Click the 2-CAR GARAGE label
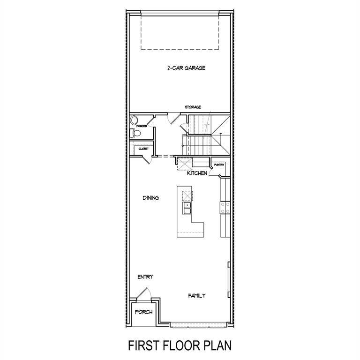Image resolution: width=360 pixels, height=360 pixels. (x=186, y=68)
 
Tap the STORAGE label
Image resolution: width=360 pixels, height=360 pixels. (x=193, y=107)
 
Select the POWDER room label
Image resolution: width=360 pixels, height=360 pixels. (x=142, y=126)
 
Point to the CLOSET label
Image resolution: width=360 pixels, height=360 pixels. (x=143, y=149)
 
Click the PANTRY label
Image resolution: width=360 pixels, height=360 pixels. (x=219, y=165)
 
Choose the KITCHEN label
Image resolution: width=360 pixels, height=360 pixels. (x=197, y=173)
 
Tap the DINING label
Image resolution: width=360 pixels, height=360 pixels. (x=150, y=198)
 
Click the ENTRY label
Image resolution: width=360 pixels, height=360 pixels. (x=145, y=277)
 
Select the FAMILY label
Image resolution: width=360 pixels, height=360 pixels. (x=197, y=296)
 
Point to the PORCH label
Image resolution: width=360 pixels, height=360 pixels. (x=144, y=312)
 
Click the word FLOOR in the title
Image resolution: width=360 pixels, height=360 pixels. (x=180, y=345)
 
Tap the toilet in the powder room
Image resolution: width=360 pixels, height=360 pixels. (x=136, y=133)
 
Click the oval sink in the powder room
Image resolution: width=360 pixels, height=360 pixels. (x=134, y=120)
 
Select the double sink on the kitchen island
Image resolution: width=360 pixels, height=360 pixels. (x=187, y=208)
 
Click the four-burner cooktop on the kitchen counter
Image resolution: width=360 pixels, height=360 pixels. (x=225, y=208)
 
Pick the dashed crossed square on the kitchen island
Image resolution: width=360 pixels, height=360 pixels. (x=187, y=196)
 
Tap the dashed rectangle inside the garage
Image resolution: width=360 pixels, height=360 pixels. (x=180, y=33)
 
